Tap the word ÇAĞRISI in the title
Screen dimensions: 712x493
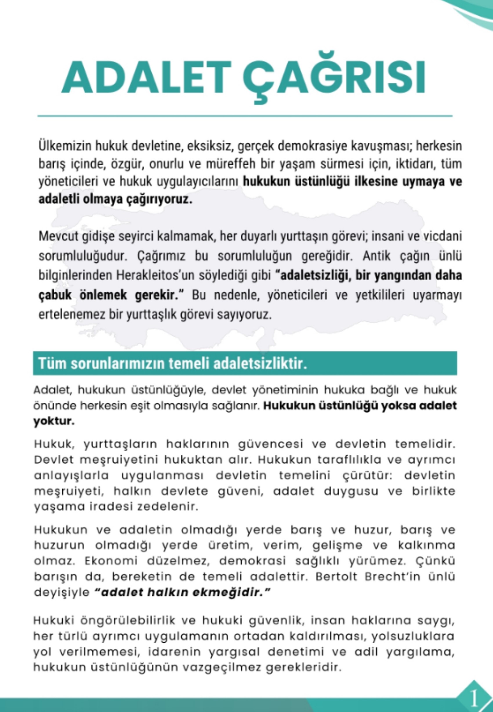click(x=334, y=77)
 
